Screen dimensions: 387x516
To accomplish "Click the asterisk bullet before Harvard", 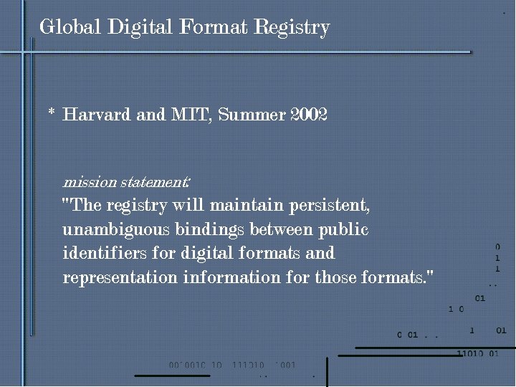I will click(x=52, y=114).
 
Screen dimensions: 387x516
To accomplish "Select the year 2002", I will click(x=309, y=115).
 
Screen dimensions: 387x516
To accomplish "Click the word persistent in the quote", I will click(x=329, y=206).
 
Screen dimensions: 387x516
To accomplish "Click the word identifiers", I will click(x=104, y=254).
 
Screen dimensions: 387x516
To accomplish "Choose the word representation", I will click(x=119, y=277).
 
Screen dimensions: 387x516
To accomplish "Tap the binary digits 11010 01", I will click(x=477, y=353).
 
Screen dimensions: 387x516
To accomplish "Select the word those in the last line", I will click(x=335, y=277).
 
